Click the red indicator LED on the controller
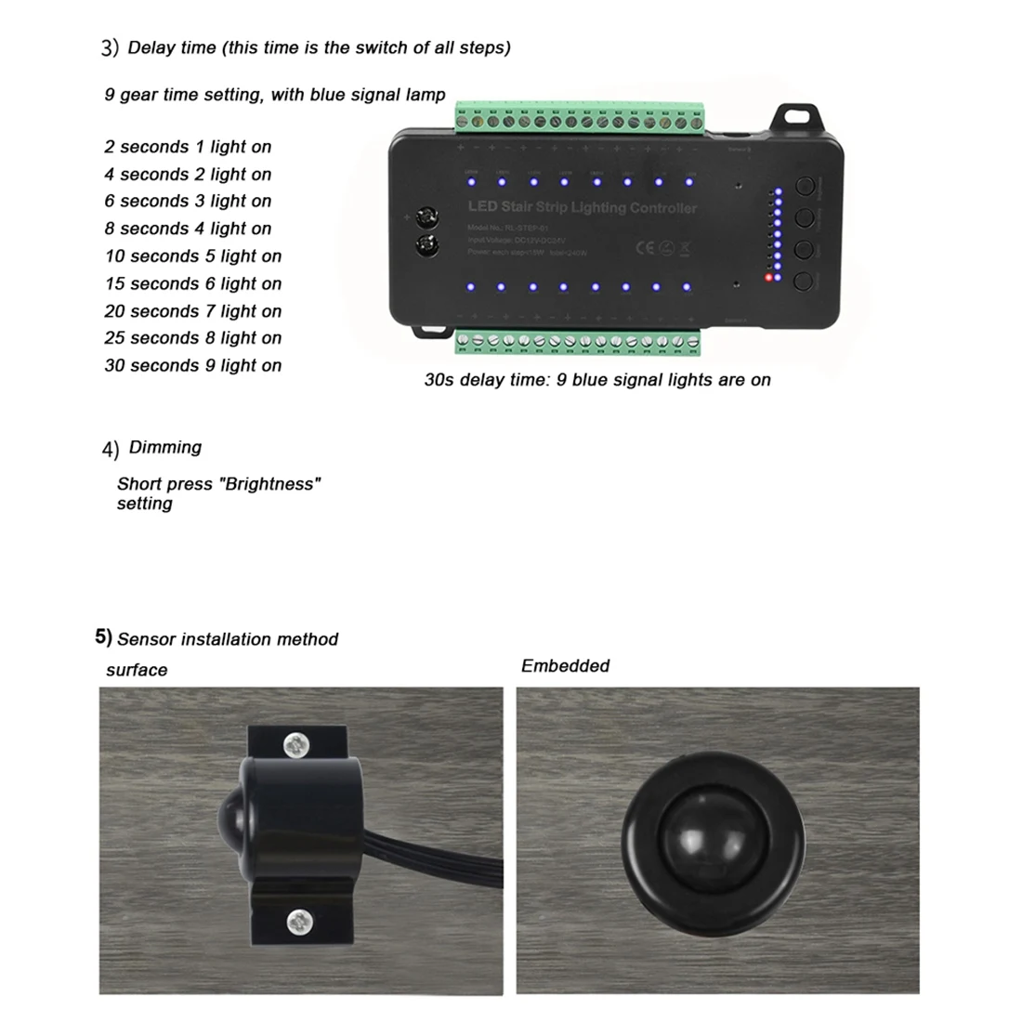point(768,277)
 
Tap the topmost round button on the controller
point(805,187)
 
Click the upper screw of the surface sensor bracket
point(296,743)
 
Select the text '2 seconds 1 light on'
point(188,147)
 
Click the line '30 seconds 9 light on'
point(193,366)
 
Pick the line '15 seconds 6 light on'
point(193,284)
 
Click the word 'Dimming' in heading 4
point(165,448)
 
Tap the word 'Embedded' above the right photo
point(565,666)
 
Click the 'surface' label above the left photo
point(137,671)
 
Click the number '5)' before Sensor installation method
point(103,637)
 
